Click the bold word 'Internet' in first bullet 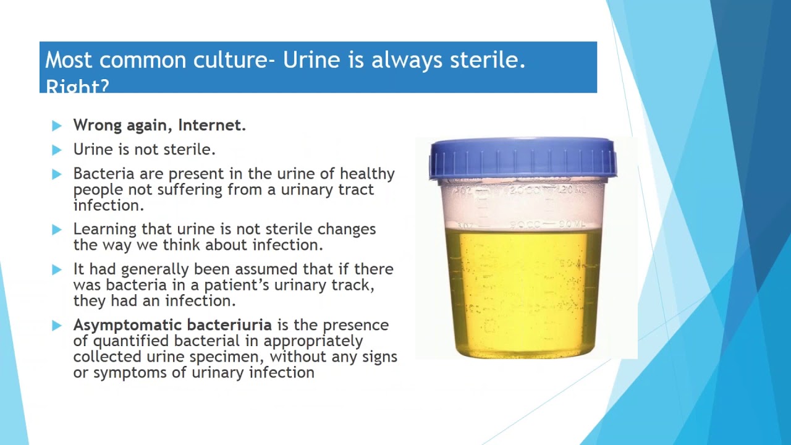212,125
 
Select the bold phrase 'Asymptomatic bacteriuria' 172,325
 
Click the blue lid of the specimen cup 523,158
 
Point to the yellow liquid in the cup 523,290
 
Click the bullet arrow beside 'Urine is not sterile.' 57,150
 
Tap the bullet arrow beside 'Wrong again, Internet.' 57,126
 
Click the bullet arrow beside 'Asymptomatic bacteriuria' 57,326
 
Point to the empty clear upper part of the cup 523,204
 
